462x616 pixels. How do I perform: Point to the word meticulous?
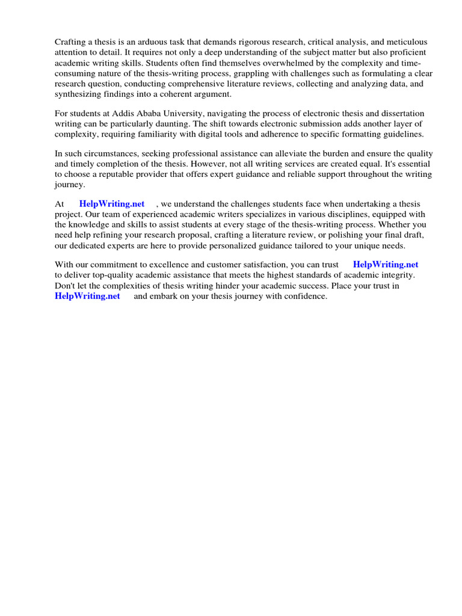406,42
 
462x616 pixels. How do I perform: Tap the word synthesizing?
78,94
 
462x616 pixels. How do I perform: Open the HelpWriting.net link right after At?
112,205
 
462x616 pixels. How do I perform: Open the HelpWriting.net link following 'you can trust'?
386,265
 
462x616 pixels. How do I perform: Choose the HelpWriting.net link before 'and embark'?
88,296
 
